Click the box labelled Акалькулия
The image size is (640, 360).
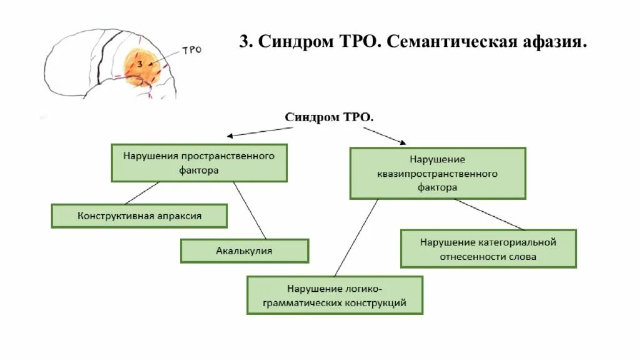(x=244, y=251)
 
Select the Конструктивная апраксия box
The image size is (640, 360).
(x=139, y=216)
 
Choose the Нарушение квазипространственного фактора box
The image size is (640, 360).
(x=437, y=173)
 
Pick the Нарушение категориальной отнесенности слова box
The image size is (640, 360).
(x=488, y=249)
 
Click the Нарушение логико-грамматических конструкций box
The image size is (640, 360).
(x=335, y=296)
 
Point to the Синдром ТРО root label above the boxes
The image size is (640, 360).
(x=329, y=117)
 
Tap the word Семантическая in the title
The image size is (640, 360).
(x=452, y=42)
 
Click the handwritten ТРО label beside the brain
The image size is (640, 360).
(x=191, y=50)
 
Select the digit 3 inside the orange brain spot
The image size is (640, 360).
(x=140, y=64)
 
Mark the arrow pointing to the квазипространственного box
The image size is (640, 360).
(x=384, y=135)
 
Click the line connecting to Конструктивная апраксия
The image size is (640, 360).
(x=142, y=193)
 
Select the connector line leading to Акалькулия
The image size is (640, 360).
(x=250, y=210)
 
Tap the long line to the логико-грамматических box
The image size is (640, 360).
(x=357, y=237)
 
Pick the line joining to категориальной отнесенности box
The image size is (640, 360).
(x=489, y=214)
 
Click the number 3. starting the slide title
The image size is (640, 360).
(x=246, y=42)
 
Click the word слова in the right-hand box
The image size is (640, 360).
(x=523, y=256)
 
